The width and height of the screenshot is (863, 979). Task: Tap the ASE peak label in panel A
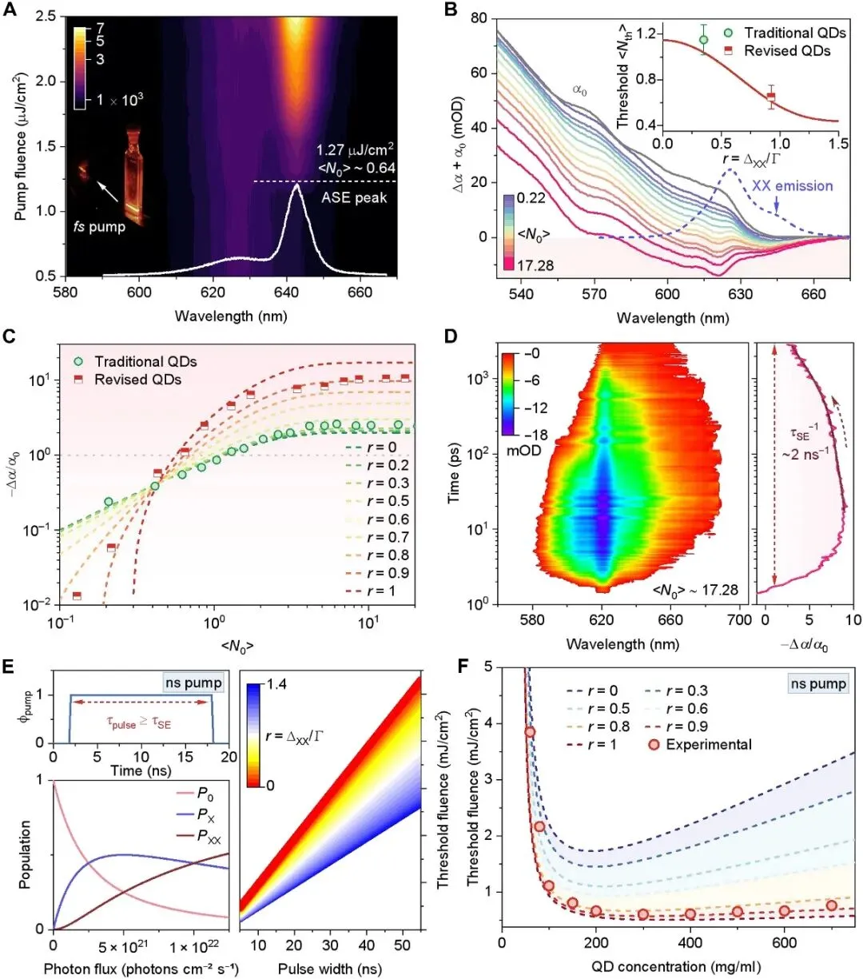pyautogui.click(x=354, y=197)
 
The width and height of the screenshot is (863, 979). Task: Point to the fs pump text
pyautogui.click(x=97, y=227)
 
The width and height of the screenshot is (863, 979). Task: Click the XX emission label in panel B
pyautogui.click(x=793, y=186)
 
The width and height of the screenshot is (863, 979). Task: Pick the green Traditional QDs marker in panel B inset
pyautogui.click(x=703, y=39)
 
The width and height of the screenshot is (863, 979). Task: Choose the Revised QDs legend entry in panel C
pyautogui.click(x=137, y=380)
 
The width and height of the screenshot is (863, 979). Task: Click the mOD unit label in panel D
pyautogui.click(x=525, y=450)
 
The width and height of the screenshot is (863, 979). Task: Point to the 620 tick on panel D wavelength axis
pyautogui.click(x=602, y=620)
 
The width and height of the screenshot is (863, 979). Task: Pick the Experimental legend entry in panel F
pyautogui.click(x=708, y=745)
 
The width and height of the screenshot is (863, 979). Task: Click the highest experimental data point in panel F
pyautogui.click(x=530, y=732)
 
